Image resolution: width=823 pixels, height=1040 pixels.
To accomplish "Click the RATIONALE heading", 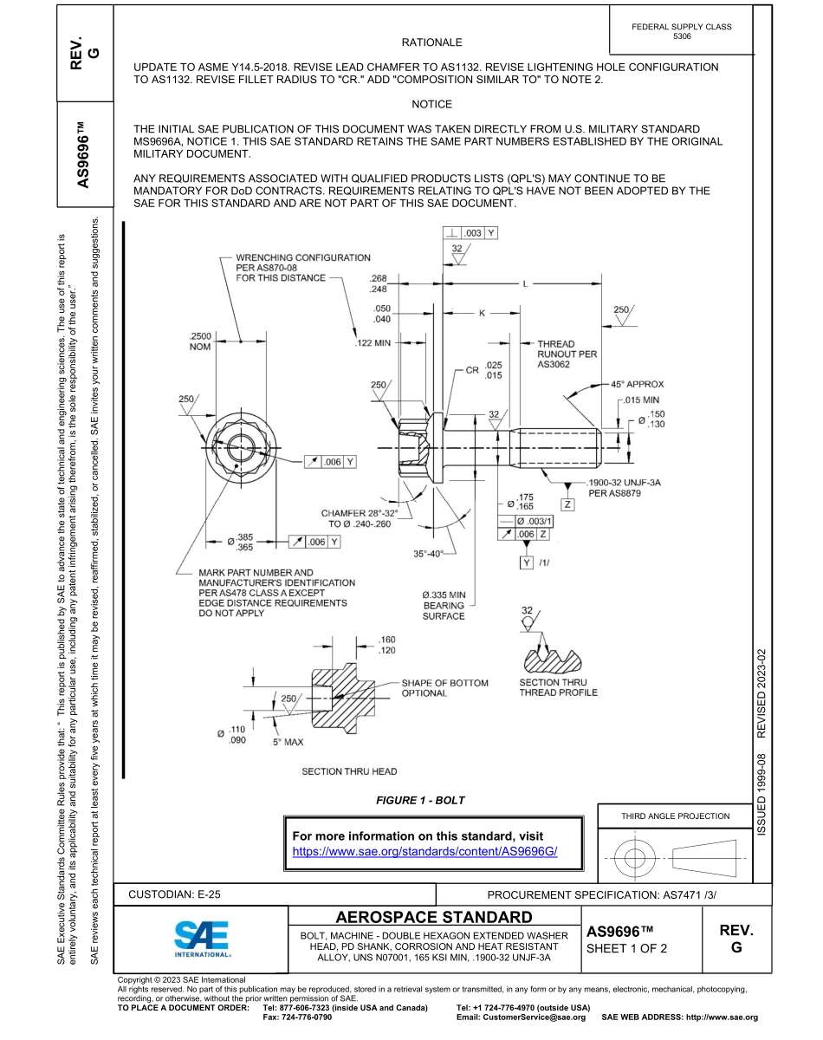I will pos(431,42).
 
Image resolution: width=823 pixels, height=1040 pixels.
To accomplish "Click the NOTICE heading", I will pos(431,104).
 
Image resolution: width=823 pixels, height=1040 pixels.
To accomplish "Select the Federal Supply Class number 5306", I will pos(682,37).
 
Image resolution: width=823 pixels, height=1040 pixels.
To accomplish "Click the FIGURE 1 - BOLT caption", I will pos(419,800).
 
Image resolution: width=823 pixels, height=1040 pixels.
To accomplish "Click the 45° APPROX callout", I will pos(637,384).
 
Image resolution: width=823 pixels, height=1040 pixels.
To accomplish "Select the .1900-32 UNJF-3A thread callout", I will pos(624,482).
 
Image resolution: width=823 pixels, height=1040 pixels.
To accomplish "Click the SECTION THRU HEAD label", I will pos(349,771).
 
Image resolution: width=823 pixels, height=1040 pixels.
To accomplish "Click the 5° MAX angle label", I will pos(288,743).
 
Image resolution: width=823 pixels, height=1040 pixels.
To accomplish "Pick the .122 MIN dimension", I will pos(374,343).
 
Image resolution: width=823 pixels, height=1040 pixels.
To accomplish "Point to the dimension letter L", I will pos(525,284).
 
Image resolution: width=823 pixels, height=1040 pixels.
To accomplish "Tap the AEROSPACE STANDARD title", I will pos(433,917).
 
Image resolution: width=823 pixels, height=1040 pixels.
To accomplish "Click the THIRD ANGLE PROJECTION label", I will pos(675,816).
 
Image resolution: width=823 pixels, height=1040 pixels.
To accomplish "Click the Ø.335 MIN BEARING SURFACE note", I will pos(444,605).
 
